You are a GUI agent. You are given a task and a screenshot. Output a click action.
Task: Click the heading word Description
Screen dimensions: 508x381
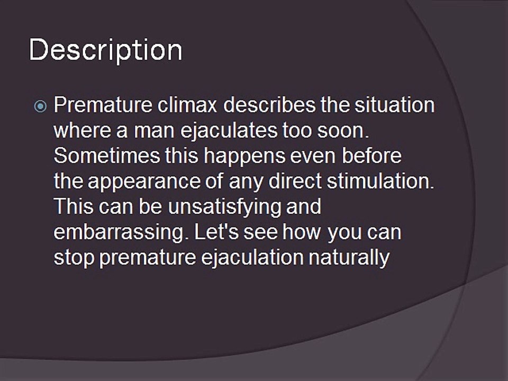coord(106,50)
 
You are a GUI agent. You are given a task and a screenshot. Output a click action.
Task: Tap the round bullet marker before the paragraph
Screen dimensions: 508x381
coord(40,106)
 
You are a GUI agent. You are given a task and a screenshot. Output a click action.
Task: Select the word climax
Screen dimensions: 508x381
coord(187,105)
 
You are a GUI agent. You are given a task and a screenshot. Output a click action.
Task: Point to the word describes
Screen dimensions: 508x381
coord(269,105)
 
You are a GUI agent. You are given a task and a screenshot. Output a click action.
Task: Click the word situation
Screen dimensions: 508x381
coord(394,105)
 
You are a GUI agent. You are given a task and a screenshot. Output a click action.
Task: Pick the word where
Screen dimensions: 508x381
coord(83,130)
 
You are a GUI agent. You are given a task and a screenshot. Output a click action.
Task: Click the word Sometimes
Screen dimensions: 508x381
coord(106,156)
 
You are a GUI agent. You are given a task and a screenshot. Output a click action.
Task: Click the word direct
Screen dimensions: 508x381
coord(295,181)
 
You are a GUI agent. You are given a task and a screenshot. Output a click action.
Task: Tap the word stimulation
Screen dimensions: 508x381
coord(380,181)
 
